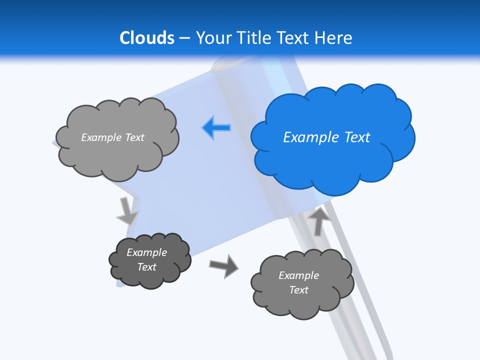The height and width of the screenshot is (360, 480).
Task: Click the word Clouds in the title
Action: (147, 38)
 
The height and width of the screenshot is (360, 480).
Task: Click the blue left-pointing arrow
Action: (216, 128)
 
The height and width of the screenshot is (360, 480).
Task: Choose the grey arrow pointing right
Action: (223, 265)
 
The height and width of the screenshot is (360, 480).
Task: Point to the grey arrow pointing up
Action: (319, 220)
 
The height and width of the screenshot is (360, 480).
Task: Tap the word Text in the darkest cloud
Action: (147, 267)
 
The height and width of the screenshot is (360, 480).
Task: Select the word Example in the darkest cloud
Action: (147, 252)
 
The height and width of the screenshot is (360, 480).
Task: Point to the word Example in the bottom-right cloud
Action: (298, 275)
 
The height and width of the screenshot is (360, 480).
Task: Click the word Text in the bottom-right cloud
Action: (298, 290)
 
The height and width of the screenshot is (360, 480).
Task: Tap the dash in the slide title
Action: (184, 38)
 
